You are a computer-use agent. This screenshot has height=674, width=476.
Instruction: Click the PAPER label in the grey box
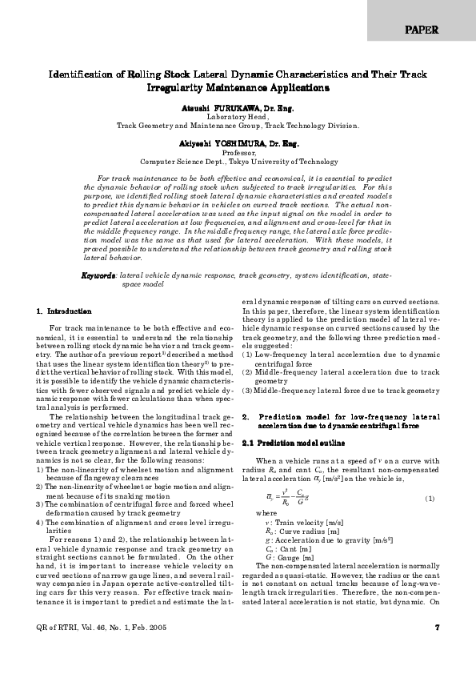coord(422,30)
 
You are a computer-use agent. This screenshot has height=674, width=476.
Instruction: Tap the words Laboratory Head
coord(238,115)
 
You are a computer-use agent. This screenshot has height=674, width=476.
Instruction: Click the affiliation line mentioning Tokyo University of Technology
coord(238,162)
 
